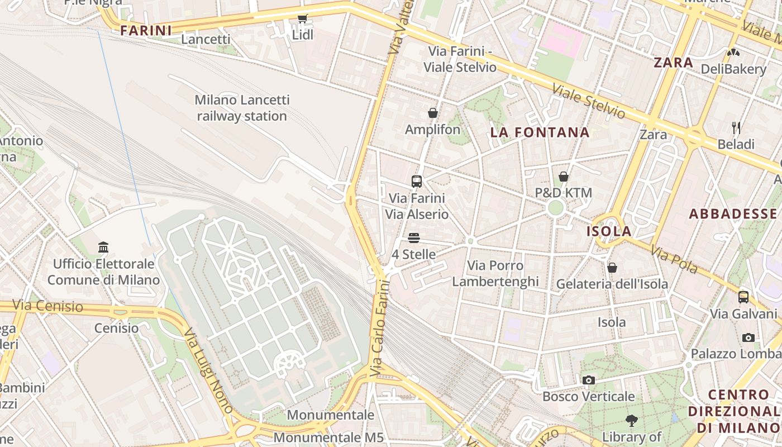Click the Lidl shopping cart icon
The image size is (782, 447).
pyautogui.click(x=303, y=18)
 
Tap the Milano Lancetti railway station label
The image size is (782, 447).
pyautogui.click(x=242, y=108)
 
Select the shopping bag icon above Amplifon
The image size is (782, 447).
pyautogui.click(x=432, y=113)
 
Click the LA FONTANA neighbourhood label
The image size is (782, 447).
pyautogui.click(x=540, y=132)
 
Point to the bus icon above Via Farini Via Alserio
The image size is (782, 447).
pyautogui.click(x=417, y=181)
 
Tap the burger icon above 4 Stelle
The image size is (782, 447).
pyautogui.click(x=413, y=238)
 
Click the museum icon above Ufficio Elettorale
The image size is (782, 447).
pyautogui.click(x=103, y=247)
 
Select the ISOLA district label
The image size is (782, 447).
pyautogui.click(x=609, y=231)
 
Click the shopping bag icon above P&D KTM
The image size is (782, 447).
pyautogui.click(x=564, y=177)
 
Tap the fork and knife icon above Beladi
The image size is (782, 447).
pyautogui.click(x=736, y=128)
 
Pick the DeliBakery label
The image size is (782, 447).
pyautogui.click(x=733, y=69)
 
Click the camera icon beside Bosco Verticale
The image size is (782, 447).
pyautogui.click(x=588, y=381)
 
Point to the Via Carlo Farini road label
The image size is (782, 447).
pyautogui.click(x=379, y=328)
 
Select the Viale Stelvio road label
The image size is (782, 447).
pyautogui.click(x=589, y=102)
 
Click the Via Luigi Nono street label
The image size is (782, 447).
pyautogui.click(x=208, y=370)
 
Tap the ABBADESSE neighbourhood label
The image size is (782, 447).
pyautogui.click(x=733, y=214)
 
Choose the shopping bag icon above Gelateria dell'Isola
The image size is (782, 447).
pyautogui.click(x=612, y=268)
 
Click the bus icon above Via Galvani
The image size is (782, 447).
pyautogui.click(x=743, y=297)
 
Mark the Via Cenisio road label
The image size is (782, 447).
pyautogui.click(x=47, y=306)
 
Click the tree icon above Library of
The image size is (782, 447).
pyautogui.click(x=632, y=420)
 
